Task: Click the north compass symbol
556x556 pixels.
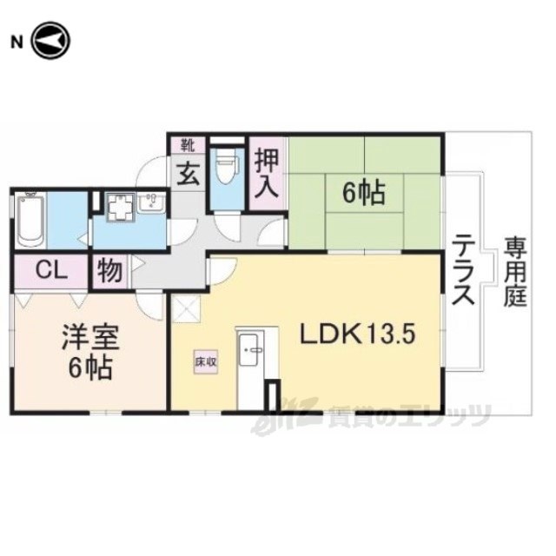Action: click(51, 41)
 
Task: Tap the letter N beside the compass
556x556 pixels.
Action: click(17, 43)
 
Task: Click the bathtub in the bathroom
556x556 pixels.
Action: click(30, 219)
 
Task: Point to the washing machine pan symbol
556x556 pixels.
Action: click(122, 208)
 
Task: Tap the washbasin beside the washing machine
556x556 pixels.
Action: click(151, 203)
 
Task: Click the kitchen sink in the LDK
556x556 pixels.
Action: click(251, 349)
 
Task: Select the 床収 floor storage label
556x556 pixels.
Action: click(206, 361)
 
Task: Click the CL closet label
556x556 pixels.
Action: click(52, 271)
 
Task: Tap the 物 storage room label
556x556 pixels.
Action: click(110, 271)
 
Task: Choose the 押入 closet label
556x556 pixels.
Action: click(267, 174)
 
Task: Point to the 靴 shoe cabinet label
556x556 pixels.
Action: click(188, 145)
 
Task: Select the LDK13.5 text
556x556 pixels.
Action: click(357, 334)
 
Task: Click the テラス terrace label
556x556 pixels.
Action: click(463, 275)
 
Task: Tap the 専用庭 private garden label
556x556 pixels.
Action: click(515, 272)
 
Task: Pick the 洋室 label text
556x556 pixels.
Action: click(90, 337)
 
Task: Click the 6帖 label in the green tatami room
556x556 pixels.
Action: click(363, 194)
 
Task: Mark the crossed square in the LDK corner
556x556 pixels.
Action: click(186, 309)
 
